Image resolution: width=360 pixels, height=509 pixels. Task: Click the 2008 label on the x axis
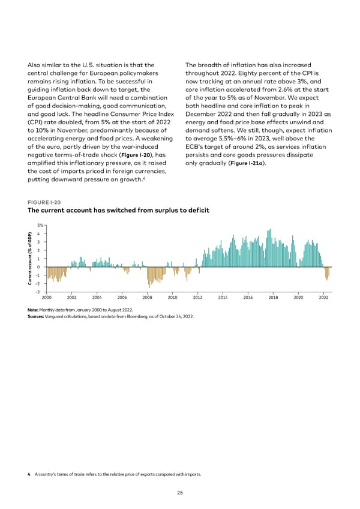[147, 298]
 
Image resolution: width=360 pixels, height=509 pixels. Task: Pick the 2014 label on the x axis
[223, 298]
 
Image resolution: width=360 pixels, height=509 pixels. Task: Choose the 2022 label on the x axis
[323, 298]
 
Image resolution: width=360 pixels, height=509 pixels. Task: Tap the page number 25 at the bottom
[180, 493]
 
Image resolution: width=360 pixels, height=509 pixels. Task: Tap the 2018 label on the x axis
[273, 298]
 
